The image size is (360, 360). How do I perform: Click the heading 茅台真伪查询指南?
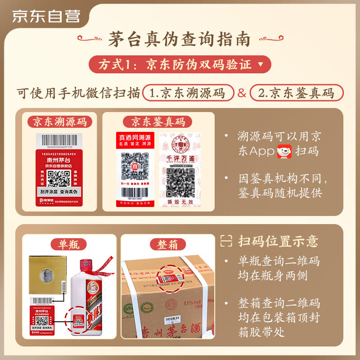click(x=179, y=40)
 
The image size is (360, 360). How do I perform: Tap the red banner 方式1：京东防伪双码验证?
click(x=179, y=64)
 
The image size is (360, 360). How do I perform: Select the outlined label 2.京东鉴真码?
click(x=297, y=93)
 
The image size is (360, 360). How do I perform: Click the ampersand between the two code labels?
click(x=242, y=93)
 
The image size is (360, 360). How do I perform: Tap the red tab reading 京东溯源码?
click(x=60, y=121)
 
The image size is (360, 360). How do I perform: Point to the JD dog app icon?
click(x=285, y=151)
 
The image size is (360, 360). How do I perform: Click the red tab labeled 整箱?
click(x=167, y=244)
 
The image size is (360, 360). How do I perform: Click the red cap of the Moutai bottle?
click(x=84, y=267)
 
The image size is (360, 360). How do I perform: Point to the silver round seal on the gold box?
click(x=47, y=274)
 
